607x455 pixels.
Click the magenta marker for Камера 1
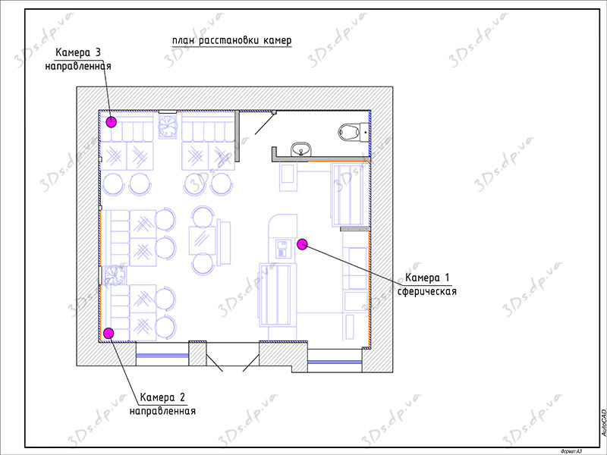pyautogui.click(x=302, y=243)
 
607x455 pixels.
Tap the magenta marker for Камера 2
pyautogui.click(x=109, y=333)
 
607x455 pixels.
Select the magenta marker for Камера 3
pyautogui.click(x=112, y=122)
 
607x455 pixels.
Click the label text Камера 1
pyautogui.click(x=427, y=278)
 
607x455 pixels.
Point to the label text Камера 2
pyautogui.click(x=162, y=397)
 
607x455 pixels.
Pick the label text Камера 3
pyautogui.click(x=78, y=52)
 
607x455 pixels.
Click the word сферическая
pyautogui.click(x=427, y=291)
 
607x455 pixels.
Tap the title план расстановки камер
pyautogui.click(x=232, y=41)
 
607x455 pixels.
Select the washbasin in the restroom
pyautogui.click(x=301, y=149)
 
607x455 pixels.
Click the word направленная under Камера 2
pyautogui.click(x=162, y=410)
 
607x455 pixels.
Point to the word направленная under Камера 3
pyautogui.click(x=78, y=66)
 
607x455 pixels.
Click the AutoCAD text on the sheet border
pyautogui.click(x=603, y=423)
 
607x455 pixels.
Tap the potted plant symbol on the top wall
pyautogui.click(x=168, y=126)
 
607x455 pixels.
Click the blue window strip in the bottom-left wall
pyautogui.click(x=162, y=356)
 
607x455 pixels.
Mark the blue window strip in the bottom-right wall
pyautogui.click(x=335, y=362)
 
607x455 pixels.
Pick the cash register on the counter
pyautogui.click(x=282, y=249)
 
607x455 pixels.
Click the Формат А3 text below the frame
pyautogui.click(x=571, y=451)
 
